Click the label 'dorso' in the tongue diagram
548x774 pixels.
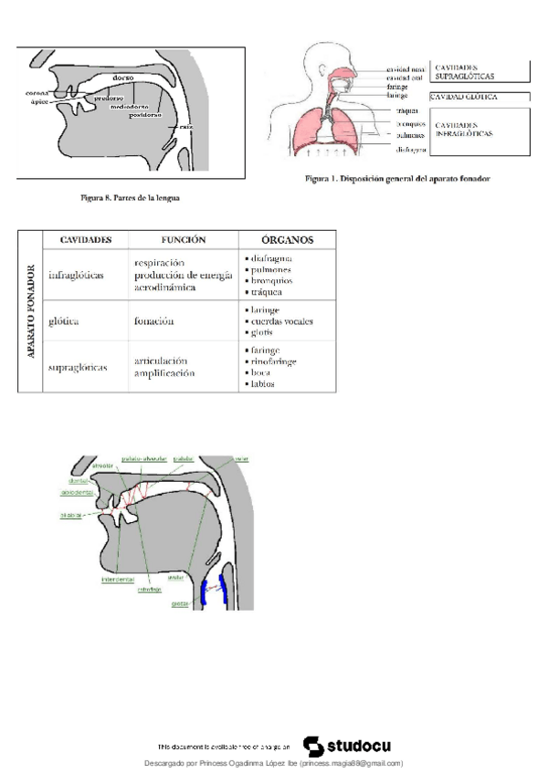[x=124, y=78]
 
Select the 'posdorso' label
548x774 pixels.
[x=145, y=115]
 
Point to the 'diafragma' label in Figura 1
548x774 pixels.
[x=412, y=148]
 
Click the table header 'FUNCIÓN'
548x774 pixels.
[x=184, y=240]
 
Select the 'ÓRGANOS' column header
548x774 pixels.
[x=287, y=240]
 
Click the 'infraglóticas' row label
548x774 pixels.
[x=77, y=274]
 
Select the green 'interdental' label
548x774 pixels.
[x=118, y=579]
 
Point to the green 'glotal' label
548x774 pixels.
[x=181, y=602]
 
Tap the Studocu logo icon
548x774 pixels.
[x=311, y=745]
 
